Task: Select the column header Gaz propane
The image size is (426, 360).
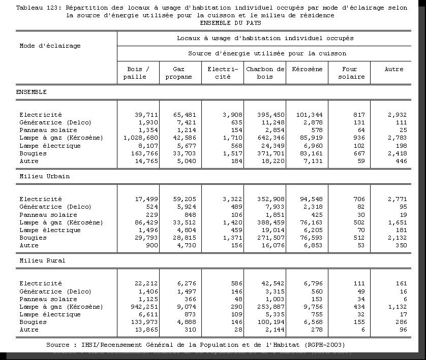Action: tap(179, 73)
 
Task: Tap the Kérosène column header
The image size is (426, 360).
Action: tap(307, 70)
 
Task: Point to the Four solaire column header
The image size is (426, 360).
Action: tap(350, 73)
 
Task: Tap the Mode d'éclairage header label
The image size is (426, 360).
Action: tap(50, 46)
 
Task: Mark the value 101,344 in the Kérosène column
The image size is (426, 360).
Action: tap(309, 115)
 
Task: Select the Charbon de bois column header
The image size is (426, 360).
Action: tap(265, 73)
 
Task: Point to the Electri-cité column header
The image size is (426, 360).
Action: tap(223, 73)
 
